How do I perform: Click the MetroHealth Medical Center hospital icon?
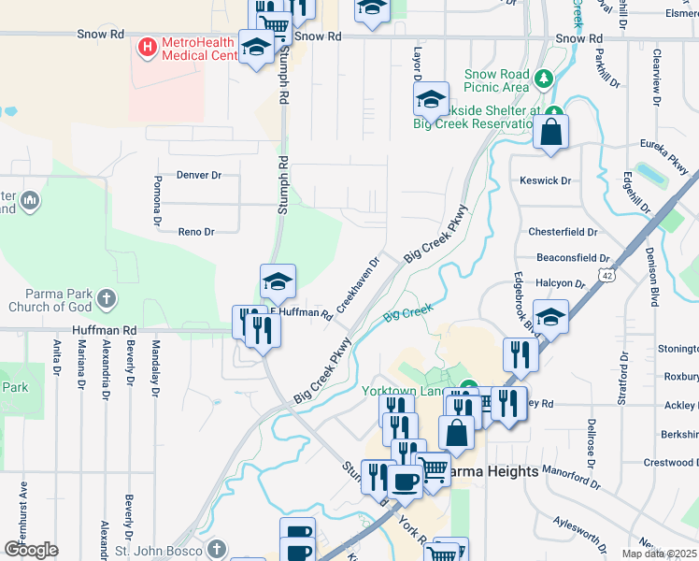click(x=147, y=46)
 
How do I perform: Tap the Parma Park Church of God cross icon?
click(x=107, y=299)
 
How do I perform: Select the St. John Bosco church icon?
click(x=217, y=548)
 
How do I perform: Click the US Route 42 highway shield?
click(x=607, y=277)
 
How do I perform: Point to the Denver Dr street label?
click(x=199, y=175)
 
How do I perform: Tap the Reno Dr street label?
click(x=196, y=232)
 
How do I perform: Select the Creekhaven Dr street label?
click(x=358, y=283)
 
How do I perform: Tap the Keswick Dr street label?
click(x=545, y=180)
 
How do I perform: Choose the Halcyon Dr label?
click(x=561, y=283)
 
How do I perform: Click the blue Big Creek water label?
click(x=408, y=311)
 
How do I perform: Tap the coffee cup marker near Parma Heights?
click(x=405, y=482)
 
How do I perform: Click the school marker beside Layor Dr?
click(x=431, y=99)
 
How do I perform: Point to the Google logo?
click(x=31, y=550)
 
